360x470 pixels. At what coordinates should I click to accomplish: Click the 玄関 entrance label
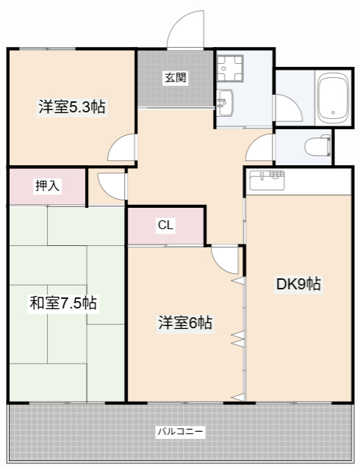click(x=175, y=77)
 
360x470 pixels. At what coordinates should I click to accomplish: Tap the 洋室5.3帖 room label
click(x=71, y=107)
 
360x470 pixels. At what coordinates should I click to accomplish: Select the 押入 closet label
click(x=48, y=187)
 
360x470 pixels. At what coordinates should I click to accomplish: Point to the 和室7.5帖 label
click(x=63, y=302)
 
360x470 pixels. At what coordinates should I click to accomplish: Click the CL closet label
click(x=165, y=226)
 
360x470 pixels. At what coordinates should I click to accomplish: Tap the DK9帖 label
click(x=298, y=284)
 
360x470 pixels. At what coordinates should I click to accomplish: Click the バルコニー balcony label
click(x=180, y=431)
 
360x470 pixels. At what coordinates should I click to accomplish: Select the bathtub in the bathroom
click(x=333, y=98)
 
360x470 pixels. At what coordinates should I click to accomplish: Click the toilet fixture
click(x=316, y=146)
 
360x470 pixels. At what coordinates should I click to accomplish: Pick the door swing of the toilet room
click(x=259, y=149)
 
